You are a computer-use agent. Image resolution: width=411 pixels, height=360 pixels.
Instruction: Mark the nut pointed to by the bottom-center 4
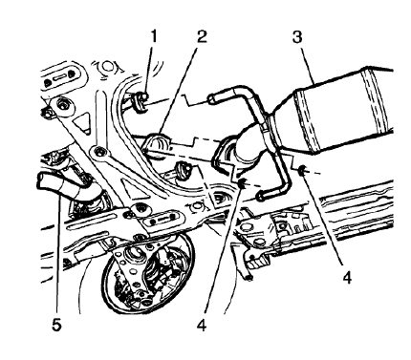tap(243, 181)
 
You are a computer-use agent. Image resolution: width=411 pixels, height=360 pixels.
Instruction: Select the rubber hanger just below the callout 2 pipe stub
tap(183, 173)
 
